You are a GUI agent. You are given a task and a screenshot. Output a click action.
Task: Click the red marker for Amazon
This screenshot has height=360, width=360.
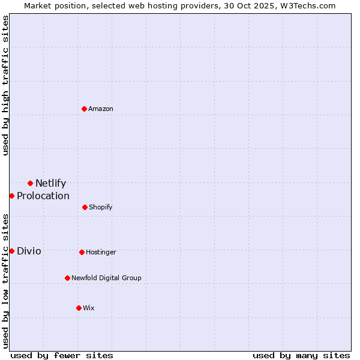85,109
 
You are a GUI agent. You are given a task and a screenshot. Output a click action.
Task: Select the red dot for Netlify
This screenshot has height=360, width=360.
30,183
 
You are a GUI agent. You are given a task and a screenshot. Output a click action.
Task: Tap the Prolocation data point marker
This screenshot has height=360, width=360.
11,196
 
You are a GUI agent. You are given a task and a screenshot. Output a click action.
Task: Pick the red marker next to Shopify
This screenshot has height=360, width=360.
85,207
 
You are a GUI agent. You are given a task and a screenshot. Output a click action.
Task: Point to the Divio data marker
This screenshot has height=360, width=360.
11,251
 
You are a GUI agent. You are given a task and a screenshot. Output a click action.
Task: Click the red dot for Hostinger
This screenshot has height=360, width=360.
82,252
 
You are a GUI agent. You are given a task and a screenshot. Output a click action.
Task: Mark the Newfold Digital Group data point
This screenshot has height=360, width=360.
67,278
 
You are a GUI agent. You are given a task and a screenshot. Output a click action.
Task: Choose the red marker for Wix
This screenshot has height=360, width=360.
79,308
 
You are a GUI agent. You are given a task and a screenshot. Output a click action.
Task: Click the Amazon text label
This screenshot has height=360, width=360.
101,109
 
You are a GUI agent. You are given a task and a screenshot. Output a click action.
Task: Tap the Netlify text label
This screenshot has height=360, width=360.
50,184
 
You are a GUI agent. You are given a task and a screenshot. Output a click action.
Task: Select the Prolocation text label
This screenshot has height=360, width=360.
43,196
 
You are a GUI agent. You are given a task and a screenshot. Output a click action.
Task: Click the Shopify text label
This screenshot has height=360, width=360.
100,207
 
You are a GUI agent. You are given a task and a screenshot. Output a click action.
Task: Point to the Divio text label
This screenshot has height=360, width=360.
29,251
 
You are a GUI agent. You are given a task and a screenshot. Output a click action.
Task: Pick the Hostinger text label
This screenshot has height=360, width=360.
101,252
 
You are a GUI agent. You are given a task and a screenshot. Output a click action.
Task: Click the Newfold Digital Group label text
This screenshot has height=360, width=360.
106,278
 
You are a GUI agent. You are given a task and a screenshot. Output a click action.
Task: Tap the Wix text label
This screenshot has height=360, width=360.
89,308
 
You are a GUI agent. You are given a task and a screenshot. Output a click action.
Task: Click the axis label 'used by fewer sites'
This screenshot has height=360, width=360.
62,355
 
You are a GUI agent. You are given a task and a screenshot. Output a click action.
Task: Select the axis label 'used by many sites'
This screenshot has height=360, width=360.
301,355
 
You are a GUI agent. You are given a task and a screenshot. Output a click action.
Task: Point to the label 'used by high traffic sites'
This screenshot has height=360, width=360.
5,85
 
